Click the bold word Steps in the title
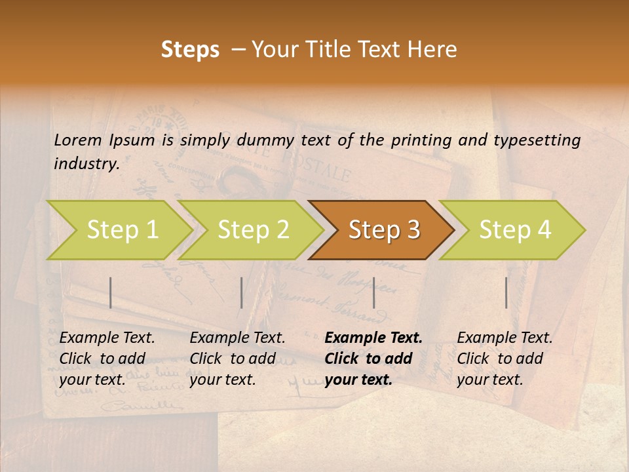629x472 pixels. (190, 50)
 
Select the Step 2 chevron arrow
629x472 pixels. (252, 229)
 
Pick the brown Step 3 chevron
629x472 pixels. (383, 229)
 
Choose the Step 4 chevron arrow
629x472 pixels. (514, 229)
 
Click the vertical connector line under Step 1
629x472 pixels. (111, 292)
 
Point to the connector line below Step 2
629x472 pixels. (242, 292)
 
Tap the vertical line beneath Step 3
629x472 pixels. (373, 292)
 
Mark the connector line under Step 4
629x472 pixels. (506, 292)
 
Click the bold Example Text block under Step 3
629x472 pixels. (373, 359)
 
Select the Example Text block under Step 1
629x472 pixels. (107, 359)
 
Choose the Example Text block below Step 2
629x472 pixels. (237, 359)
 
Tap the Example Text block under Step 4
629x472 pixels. (505, 359)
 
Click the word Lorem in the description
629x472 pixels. (78, 140)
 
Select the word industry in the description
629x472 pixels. (86, 163)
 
